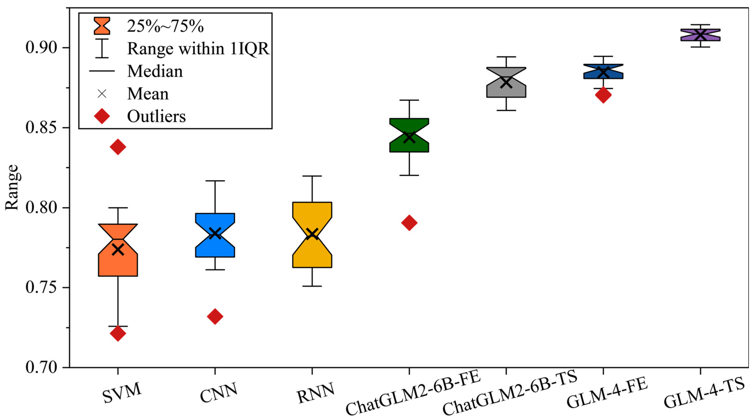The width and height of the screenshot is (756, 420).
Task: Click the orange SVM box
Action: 118,264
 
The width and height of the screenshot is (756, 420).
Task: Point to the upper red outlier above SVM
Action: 118,147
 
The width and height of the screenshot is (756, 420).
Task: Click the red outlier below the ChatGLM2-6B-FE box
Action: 409,223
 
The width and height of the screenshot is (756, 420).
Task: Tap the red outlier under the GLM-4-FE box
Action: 603,95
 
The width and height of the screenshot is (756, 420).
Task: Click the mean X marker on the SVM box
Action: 118,250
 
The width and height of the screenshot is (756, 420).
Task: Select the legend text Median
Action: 155,71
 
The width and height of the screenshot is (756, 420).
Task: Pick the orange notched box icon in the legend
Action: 102,26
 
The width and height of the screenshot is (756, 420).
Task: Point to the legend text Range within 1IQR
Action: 198,48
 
